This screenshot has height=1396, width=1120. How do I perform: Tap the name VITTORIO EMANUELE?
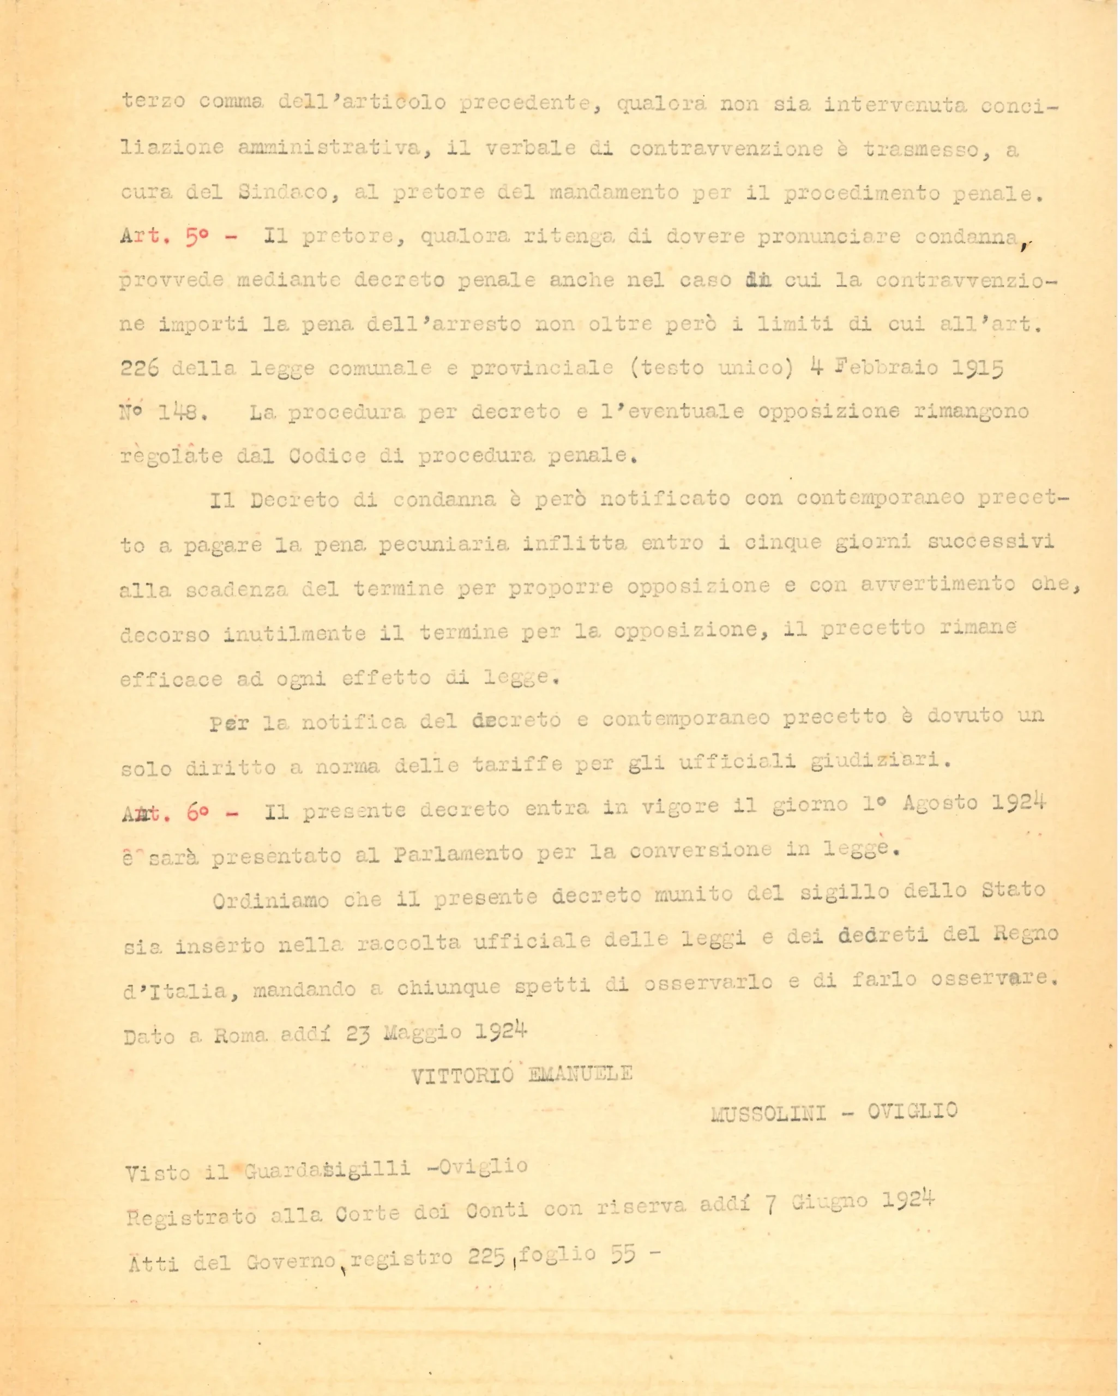click(x=522, y=1074)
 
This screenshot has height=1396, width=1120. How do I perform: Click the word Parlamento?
click(x=459, y=855)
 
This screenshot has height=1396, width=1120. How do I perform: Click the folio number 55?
click(x=623, y=1254)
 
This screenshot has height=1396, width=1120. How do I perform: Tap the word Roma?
click(x=240, y=1036)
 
